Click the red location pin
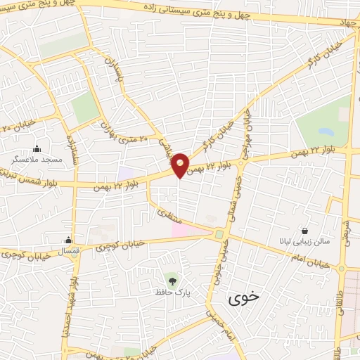tap(181, 165)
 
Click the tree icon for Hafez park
tap(169, 278)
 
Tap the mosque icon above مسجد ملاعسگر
tap(37, 149)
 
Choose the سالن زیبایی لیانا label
tap(304, 242)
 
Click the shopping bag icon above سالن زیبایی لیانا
tap(304, 231)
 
